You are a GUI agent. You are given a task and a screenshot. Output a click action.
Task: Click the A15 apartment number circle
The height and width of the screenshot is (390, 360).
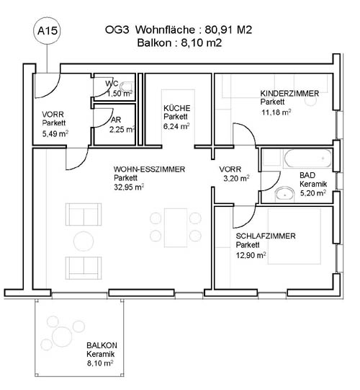pyautogui.click(x=48, y=31)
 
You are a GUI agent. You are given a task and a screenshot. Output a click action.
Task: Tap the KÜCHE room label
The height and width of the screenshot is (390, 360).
pyautogui.click(x=177, y=108)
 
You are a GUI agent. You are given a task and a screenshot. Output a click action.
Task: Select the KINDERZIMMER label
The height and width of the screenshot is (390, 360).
pyautogui.click(x=289, y=94)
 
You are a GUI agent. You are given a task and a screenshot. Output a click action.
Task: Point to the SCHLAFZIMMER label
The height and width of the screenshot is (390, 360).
pyautogui.click(x=266, y=236)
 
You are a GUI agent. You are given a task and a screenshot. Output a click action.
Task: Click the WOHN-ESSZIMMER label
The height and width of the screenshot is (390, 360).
pyautogui.click(x=149, y=169)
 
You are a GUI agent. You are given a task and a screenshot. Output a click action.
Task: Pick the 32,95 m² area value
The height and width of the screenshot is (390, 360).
pyautogui.click(x=129, y=187)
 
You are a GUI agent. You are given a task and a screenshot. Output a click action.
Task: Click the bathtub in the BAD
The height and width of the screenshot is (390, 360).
pyautogui.click(x=307, y=158)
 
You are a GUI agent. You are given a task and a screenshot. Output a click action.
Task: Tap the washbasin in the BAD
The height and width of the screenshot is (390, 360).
pyautogui.click(x=284, y=193)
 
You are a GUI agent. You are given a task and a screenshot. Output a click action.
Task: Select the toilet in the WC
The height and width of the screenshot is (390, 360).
pyautogui.click(x=127, y=87)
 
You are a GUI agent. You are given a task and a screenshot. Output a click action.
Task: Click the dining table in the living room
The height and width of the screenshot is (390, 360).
pyautogui.click(x=176, y=228)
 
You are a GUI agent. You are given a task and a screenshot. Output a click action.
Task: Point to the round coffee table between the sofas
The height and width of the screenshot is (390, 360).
pyautogui.click(x=84, y=241)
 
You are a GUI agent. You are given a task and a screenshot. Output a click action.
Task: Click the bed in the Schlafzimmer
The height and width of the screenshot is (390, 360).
pyautogui.click(x=294, y=236)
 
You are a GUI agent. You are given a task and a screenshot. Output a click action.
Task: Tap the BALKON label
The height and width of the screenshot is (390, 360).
pyautogui.click(x=102, y=345)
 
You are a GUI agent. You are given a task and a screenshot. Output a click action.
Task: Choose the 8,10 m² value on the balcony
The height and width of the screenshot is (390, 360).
pyautogui.click(x=100, y=363)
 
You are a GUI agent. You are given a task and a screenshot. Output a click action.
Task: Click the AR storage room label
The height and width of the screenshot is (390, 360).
pyautogui.click(x=116, y=120)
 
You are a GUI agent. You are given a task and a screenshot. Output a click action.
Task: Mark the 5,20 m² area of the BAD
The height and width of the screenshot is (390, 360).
pyautogui.click(x=313, y=193)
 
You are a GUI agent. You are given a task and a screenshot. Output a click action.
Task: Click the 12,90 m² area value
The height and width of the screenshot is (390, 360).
pyautogui.click(x=251, y=255)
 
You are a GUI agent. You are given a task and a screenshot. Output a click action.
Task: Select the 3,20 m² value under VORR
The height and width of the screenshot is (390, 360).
pyautogui.click(x=236, y=179)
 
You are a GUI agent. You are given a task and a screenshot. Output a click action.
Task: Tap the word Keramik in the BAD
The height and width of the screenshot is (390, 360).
pyautogui.click(x=313, y=185)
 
